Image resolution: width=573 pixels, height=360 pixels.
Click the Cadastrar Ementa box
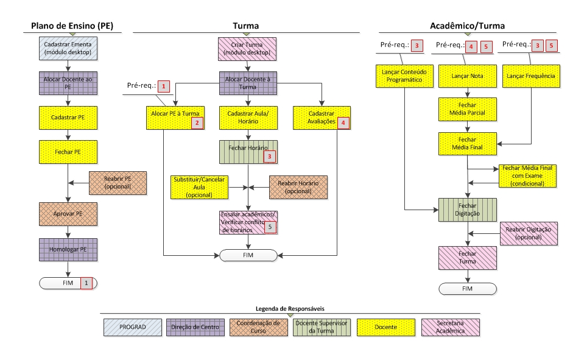[68, 48]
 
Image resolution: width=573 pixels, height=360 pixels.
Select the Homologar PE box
[68, 250]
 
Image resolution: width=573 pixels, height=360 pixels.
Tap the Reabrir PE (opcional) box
[118, 183]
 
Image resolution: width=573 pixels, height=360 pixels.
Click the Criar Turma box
[247, 49]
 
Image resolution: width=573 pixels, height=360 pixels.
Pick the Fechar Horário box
[248, 152]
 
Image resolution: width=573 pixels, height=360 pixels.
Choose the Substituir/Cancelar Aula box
[199, 188]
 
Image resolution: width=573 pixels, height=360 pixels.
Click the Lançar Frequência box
[531, 76]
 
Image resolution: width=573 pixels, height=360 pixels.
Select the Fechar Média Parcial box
[468, 109]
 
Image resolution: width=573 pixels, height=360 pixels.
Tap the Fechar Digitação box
[468, 210]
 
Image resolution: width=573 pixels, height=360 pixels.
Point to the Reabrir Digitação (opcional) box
[529, 233]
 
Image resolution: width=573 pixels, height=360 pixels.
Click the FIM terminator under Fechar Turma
[468, 289]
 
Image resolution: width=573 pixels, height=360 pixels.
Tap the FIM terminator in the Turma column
[248, 255]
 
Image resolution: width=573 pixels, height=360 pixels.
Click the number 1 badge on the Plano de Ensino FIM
[86, 283]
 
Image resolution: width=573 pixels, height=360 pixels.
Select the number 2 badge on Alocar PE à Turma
[197, 123]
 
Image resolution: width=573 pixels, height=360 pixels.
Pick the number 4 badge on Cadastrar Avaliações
[343, 123]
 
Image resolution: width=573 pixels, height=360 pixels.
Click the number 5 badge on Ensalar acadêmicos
[270, 227]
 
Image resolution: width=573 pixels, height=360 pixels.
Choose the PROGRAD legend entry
[133, 327]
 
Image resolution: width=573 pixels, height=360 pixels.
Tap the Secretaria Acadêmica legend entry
[450, 327]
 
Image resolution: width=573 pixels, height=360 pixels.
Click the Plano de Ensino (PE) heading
[72, 26]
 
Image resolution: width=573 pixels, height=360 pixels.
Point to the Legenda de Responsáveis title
[290, 308]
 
